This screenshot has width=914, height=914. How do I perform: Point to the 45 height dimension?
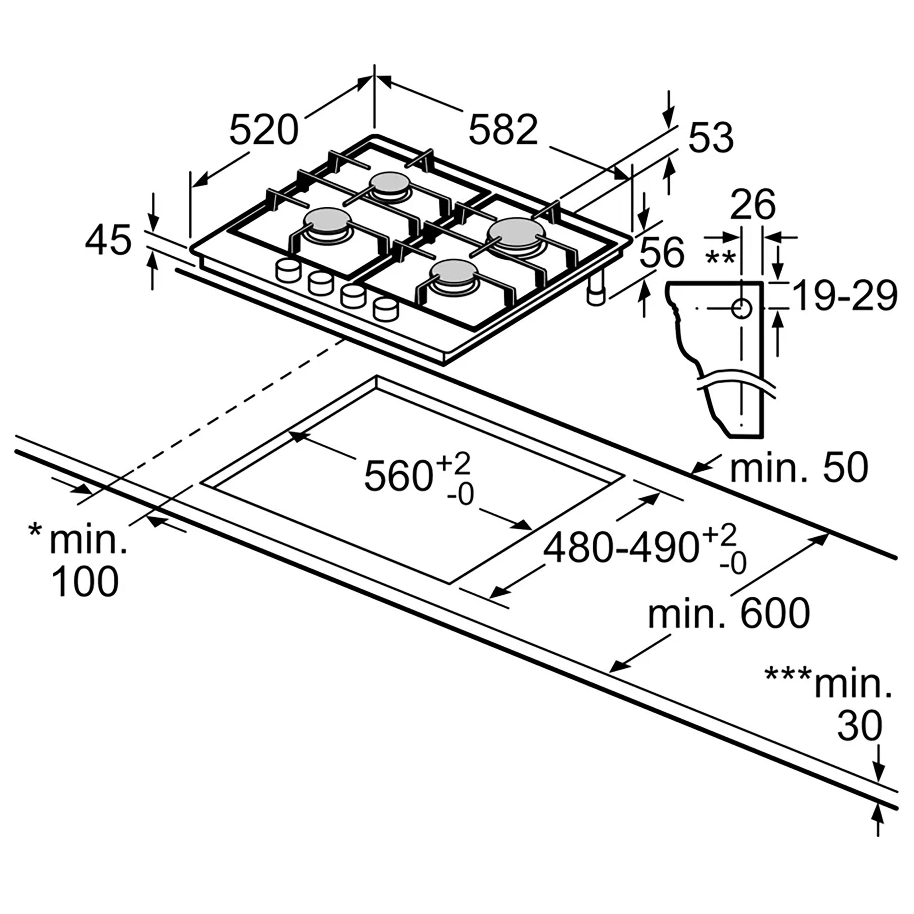pyautogui.click(x=108, y=240)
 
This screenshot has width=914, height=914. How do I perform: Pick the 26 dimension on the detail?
pyautogui.click(x=753, y=204)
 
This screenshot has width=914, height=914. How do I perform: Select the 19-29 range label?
pyautogui.click(x=845, y=296)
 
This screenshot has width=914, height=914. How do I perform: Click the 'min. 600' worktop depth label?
pyautogui.click(x=729, y=613)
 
